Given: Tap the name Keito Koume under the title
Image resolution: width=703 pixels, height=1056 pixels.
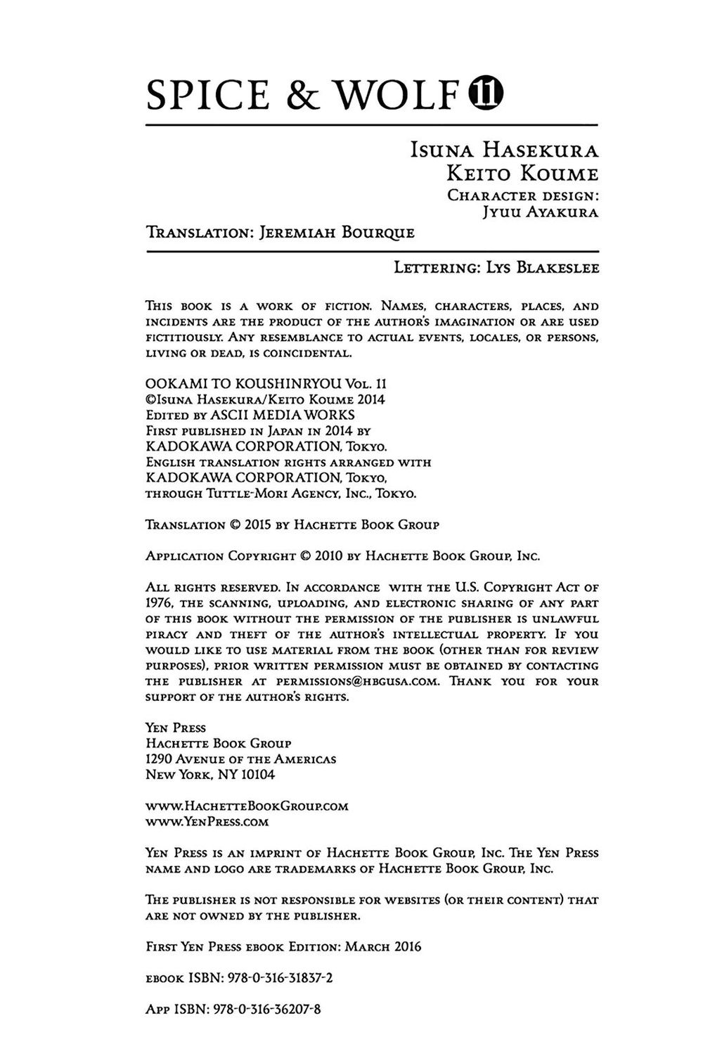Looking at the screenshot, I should [x=519, y=173].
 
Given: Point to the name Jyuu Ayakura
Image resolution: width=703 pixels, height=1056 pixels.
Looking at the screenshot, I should [x=540, y=213].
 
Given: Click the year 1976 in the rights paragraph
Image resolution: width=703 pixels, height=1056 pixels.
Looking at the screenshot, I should [x=160, y=603].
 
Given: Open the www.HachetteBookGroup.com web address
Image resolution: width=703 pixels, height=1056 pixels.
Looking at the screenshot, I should [x=247, y=806].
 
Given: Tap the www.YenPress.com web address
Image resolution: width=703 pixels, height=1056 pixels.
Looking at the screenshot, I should [x=207, y=821].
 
